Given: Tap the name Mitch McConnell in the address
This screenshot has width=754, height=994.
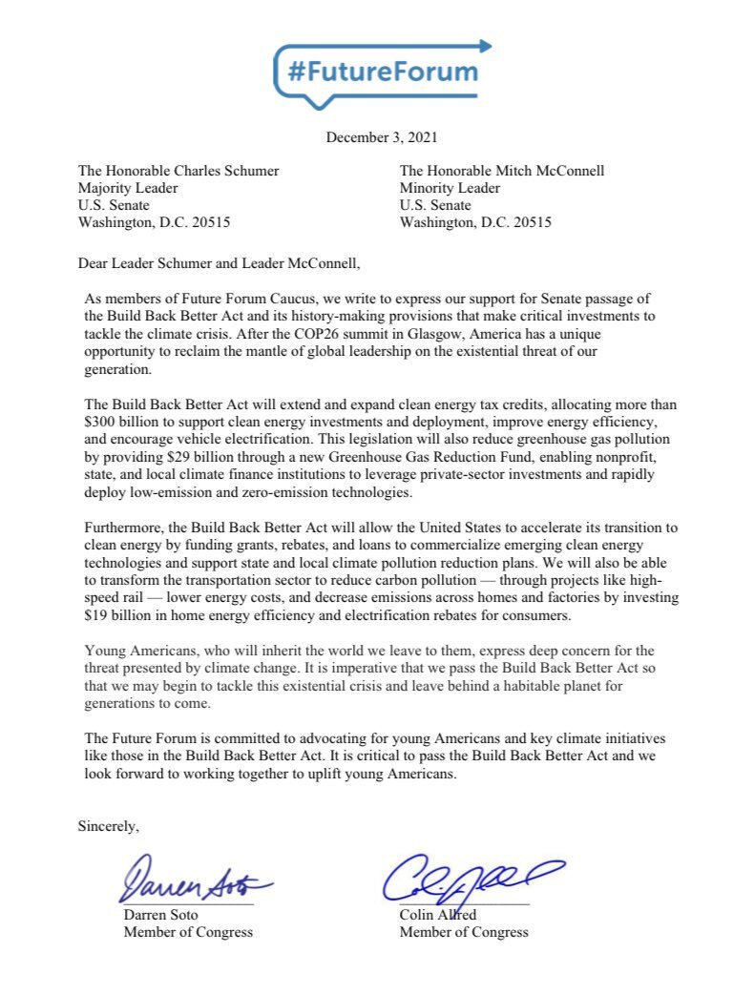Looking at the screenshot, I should click(550, 172).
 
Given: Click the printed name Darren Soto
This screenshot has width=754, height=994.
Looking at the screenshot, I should click(161, 915).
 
